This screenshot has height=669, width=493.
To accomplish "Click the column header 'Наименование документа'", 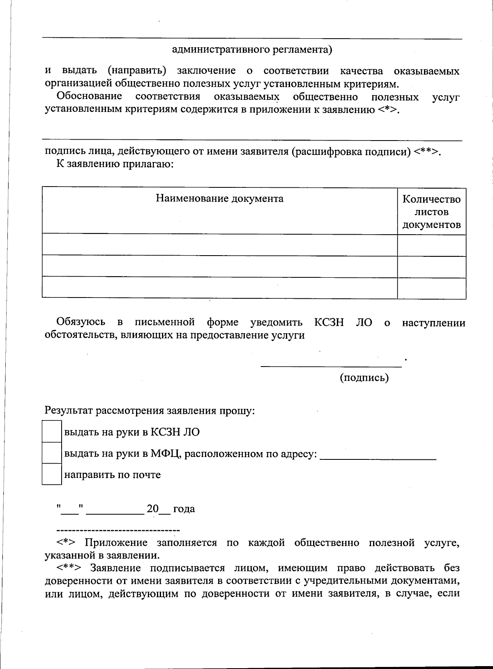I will tap(219, 199).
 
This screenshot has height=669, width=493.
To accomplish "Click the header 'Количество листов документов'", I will tap(431, 212).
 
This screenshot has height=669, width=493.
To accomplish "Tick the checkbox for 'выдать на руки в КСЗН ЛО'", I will tap(52, 431).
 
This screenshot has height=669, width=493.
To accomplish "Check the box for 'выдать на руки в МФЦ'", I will tap(52, 453).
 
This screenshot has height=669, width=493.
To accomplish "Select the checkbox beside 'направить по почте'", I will tap(52, 474).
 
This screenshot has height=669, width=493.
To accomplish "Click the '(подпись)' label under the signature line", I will tap(364, 378).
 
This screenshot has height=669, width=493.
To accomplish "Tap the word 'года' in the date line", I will tap(184, 509).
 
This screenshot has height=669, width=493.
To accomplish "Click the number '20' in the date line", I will tap(152, 509).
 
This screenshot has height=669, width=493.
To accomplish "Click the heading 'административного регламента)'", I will tap(252, 50).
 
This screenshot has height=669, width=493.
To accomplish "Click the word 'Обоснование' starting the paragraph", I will tap(89, 97).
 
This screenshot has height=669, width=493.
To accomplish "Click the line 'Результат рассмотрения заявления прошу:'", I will tap(150, 411).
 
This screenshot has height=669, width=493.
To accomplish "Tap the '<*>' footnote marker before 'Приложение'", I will tap(66, 543).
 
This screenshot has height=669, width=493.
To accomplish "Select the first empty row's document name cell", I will tap(219, 245).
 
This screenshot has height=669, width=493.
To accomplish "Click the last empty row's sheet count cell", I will tap(431, 288).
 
